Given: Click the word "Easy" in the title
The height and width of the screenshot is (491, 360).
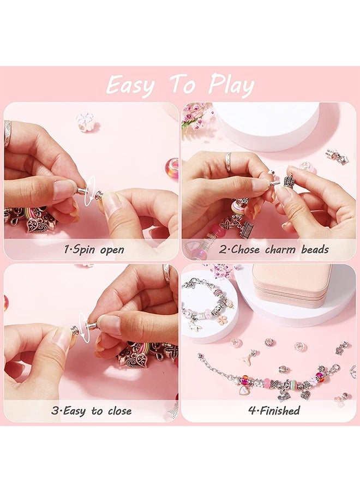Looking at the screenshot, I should (x=130, y=85).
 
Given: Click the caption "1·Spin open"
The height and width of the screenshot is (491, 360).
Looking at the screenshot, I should (x=94, y=250).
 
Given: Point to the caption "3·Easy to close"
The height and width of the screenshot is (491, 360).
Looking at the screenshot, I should (x=91, y=411).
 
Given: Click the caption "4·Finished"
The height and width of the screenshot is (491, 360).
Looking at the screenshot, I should (x=274, y=411).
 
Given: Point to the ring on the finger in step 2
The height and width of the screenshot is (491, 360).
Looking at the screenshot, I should (x=228, y=161).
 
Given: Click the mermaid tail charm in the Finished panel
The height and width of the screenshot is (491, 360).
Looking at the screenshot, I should (x=250, y=357).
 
